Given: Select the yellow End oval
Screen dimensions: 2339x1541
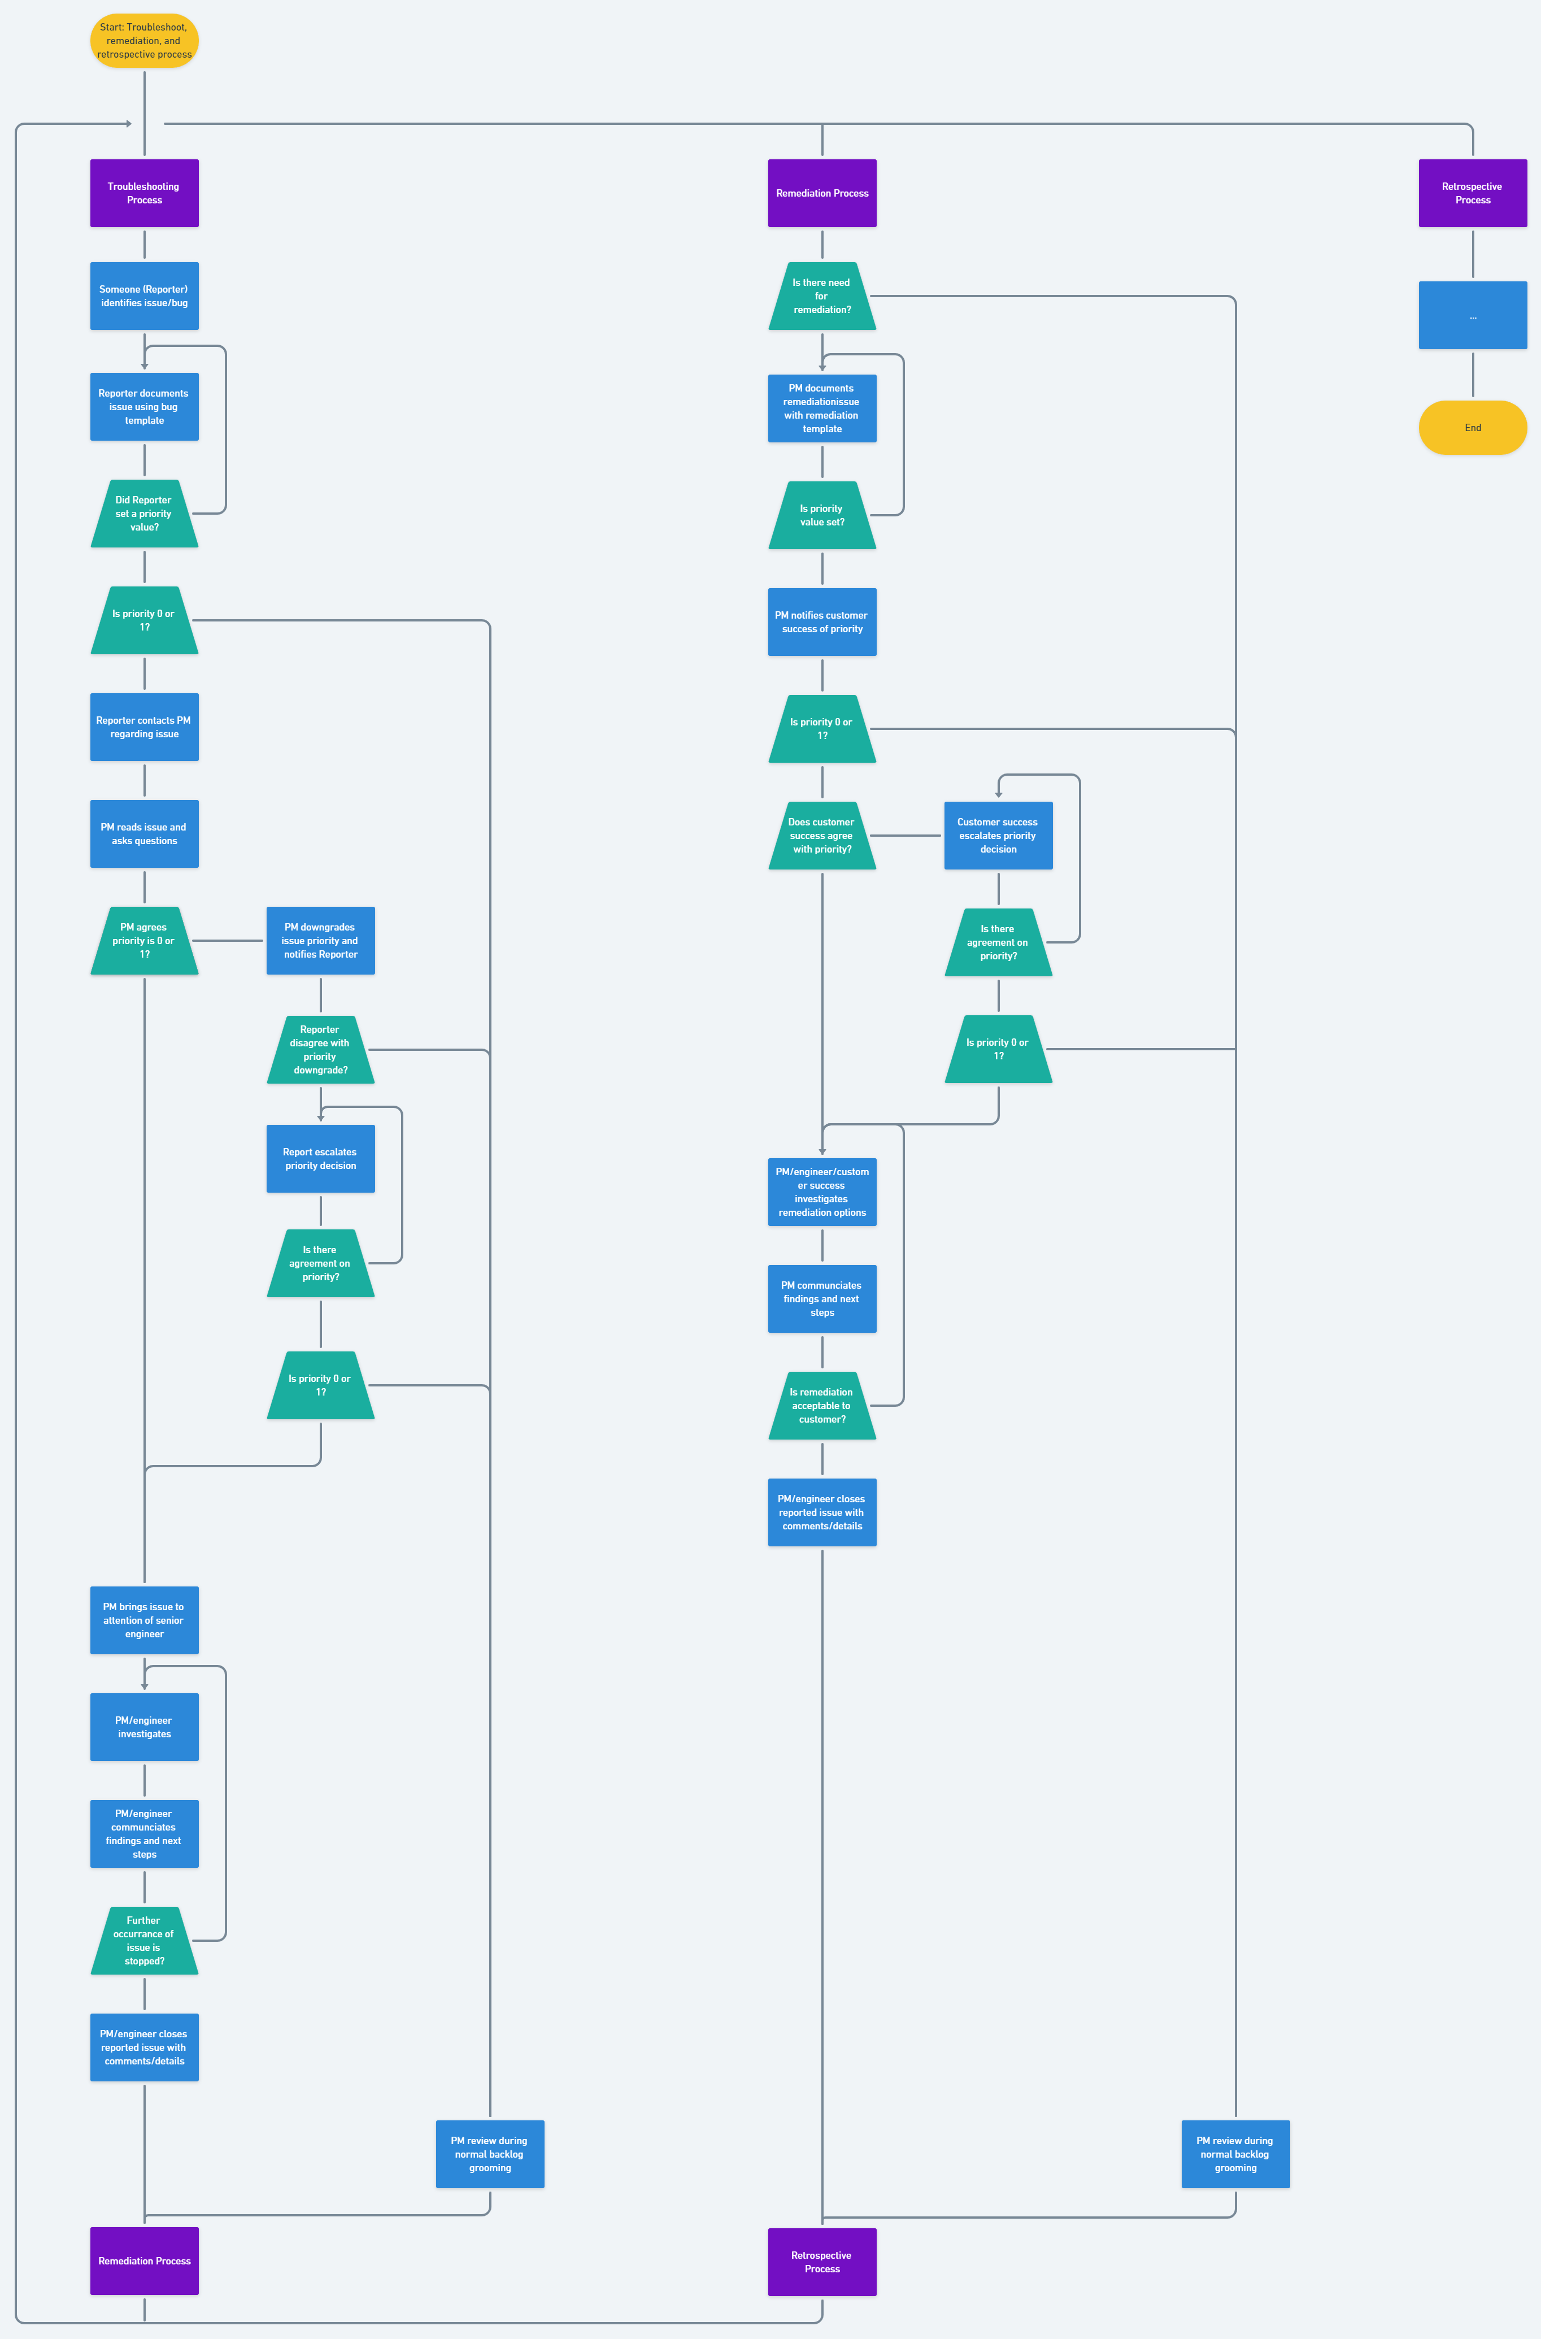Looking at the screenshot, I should point(1472,428).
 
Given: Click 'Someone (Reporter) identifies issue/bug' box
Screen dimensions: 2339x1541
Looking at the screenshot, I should point(145,296).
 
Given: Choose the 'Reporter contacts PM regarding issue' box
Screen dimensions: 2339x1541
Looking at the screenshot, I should point(145,727).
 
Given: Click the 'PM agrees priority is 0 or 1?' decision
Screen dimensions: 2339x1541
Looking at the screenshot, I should point(145,941).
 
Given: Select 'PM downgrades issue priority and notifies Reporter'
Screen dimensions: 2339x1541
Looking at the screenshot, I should point(320,941).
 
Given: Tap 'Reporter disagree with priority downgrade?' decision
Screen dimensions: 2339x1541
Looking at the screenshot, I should point(320,1050).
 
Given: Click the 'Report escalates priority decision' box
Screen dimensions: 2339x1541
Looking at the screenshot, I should point(320,1159).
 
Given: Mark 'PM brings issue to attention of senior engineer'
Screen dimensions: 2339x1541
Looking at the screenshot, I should point(145,1620).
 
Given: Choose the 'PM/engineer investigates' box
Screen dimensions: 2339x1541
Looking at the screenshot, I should point(145,1727).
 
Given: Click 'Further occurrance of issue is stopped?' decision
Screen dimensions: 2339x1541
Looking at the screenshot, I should point(145,1940).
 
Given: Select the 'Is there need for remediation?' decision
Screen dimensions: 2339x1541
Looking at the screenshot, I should point(821,296).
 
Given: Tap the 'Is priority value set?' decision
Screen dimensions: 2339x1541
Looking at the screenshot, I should point(821,515).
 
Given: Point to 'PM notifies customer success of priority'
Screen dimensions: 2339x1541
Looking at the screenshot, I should point(821,622).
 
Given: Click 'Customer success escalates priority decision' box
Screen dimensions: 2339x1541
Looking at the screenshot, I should point(999,836).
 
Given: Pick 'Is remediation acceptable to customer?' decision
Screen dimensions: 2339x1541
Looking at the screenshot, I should point(821,1405).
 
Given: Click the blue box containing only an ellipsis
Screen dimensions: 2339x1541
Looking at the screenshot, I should point(1472,315).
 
